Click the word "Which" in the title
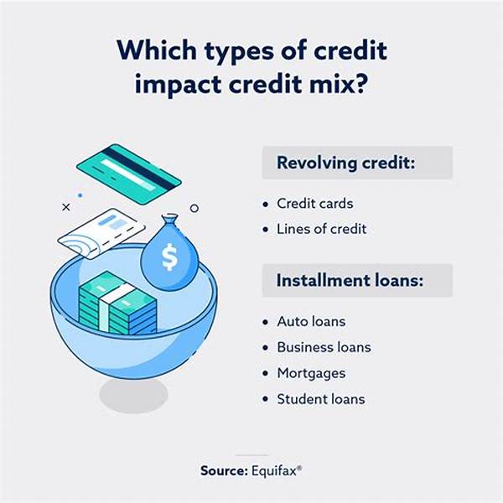[157, 50]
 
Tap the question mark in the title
[360, 84]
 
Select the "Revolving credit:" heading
[345, 163]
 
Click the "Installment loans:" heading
[350, 280]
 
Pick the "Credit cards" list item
[315, 204]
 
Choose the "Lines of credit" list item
[322, 229]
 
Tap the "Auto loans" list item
[311, 321]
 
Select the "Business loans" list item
[324, 347]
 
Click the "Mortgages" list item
[311, 373]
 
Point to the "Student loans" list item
[321, 399]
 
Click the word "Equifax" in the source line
[274, 471]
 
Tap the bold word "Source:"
[224, 471]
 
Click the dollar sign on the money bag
[169, 257]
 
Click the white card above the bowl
[101, 233]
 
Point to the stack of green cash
[117, 303]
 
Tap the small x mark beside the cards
[66, 207]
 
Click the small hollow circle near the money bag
[194, 209]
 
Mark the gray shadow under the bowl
[133, 395]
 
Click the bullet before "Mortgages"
[265, 373]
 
